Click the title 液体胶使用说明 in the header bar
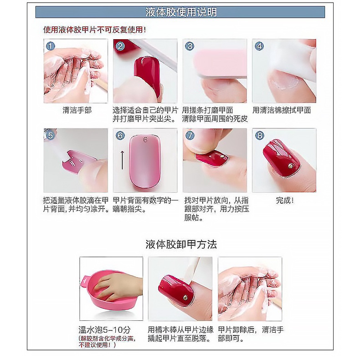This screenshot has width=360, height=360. tap(180, 12)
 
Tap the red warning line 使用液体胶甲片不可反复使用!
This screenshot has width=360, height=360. tap(95, 30)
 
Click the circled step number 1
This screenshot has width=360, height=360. tap(51, 46)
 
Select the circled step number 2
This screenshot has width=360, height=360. tap(120, 46)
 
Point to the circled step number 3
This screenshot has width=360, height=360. tap(190, 46)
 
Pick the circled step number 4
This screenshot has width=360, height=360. tap(259, 46)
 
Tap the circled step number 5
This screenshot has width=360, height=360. tap(51, 135)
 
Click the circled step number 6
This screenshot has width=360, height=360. tap(120, 135)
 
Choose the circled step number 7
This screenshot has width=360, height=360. tap(190, 135)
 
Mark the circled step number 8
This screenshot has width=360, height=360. tap(259, 135)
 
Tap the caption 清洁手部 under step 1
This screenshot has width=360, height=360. tap(77, 110)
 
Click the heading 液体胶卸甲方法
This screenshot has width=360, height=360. tap(181, 244)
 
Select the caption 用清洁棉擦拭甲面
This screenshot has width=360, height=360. tap(282, 110)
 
